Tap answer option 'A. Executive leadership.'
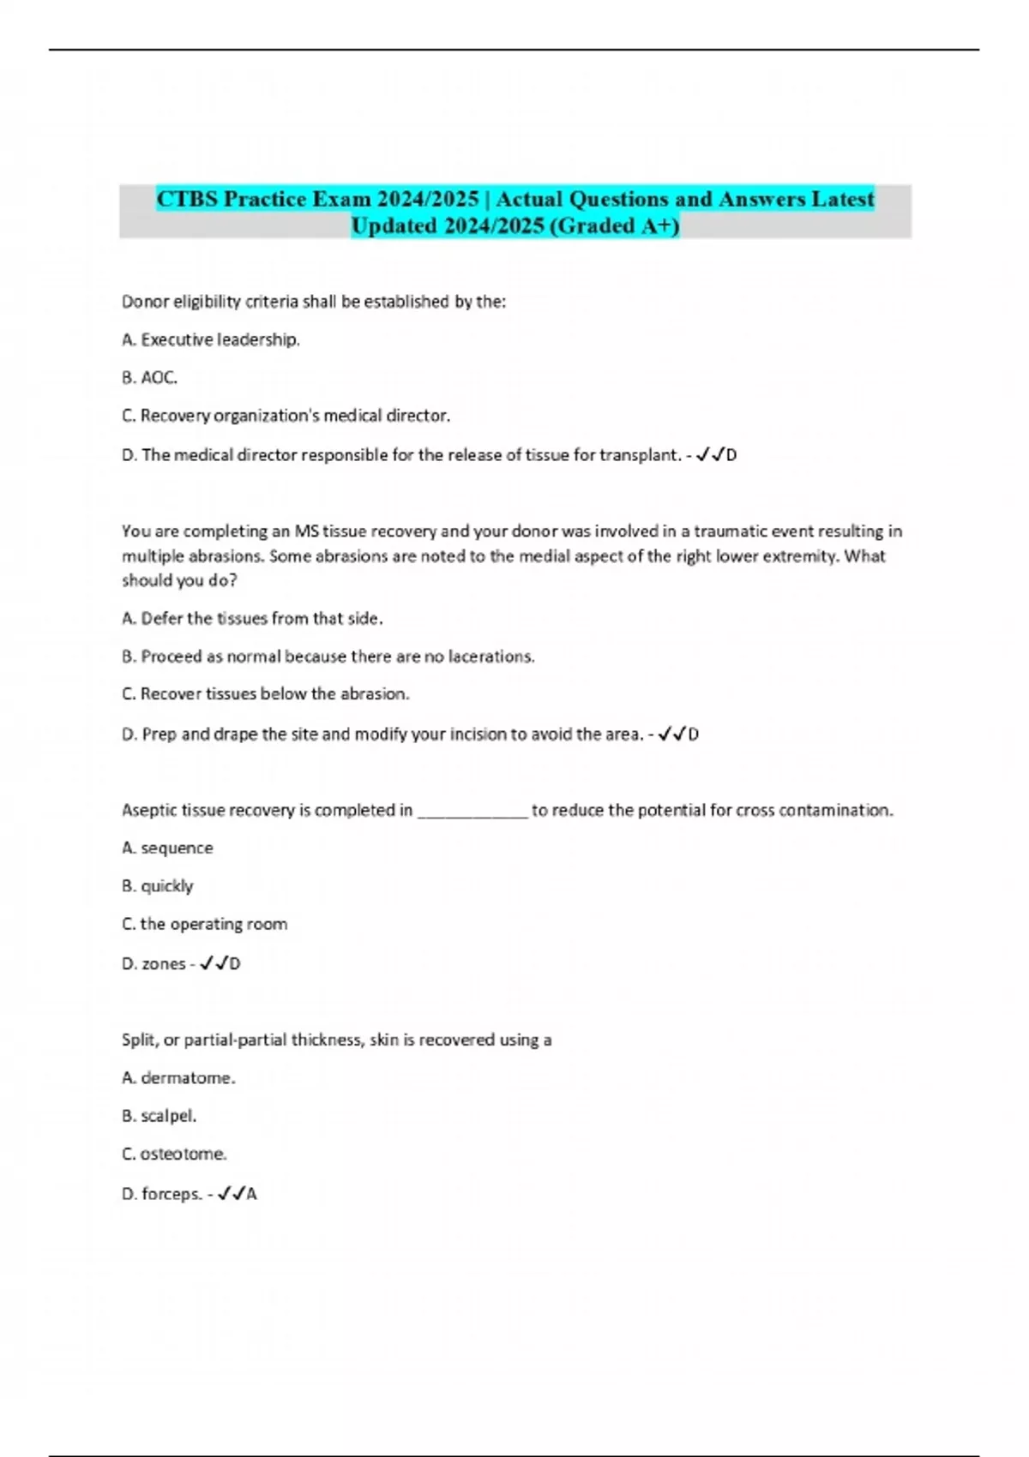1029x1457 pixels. pos(211,339)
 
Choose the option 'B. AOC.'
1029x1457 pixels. pos(149,377)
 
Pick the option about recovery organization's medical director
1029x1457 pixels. pos(286,416)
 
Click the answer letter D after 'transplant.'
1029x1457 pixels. pos(731,455)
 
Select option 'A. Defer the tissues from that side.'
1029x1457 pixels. pos(252,618)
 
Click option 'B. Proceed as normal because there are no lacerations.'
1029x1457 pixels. pos(328,657)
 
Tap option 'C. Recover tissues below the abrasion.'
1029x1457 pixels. pos(266,694)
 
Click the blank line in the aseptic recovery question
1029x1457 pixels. pos(472,810)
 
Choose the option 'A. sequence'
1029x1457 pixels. pos(167,848)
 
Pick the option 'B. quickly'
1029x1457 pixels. pos(158,885)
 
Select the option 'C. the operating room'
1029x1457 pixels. pos(204,924)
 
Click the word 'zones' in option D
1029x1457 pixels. pos(164,963)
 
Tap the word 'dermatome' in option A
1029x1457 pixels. pos(186,1077)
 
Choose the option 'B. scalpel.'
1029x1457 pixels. pos(159,1116)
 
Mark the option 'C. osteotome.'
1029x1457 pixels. pos(174,1154)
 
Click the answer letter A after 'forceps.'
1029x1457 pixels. pos(252,1194)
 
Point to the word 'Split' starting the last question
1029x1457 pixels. pos(138,1040)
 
